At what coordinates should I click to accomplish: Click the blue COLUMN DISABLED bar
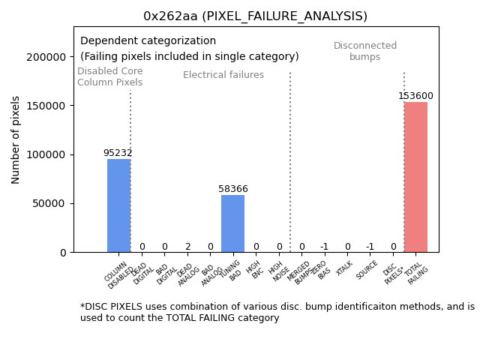118,205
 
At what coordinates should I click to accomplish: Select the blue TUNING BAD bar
232,223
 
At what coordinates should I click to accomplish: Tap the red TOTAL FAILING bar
415,177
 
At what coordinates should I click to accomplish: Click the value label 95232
118,153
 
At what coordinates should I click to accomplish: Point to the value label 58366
232,189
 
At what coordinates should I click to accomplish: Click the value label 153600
415,96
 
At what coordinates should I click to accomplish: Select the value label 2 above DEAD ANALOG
187,247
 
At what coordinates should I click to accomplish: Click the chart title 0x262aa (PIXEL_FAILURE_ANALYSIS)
256,16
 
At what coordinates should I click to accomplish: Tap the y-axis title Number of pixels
16,140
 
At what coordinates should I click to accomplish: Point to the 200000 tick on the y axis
44,57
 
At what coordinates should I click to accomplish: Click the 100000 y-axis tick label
44,154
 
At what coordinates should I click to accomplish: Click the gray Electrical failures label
223,75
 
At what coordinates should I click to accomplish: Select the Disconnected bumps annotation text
365,51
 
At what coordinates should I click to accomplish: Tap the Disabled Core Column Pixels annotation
109,76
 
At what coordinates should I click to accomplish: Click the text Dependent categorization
148,41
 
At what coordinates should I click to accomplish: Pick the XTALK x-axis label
343,268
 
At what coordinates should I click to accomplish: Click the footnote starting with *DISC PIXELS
277,312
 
